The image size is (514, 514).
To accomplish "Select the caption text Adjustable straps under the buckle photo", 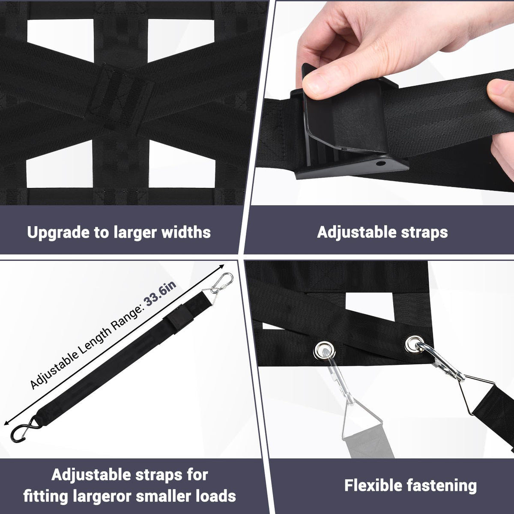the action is pos(382,233).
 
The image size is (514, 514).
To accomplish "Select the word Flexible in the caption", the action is pos(374,485).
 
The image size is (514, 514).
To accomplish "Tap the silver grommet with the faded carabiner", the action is pos(325,350).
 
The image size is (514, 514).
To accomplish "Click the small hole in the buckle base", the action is pos(380,163).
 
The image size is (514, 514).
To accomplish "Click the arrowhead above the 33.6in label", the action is pos(221,266).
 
